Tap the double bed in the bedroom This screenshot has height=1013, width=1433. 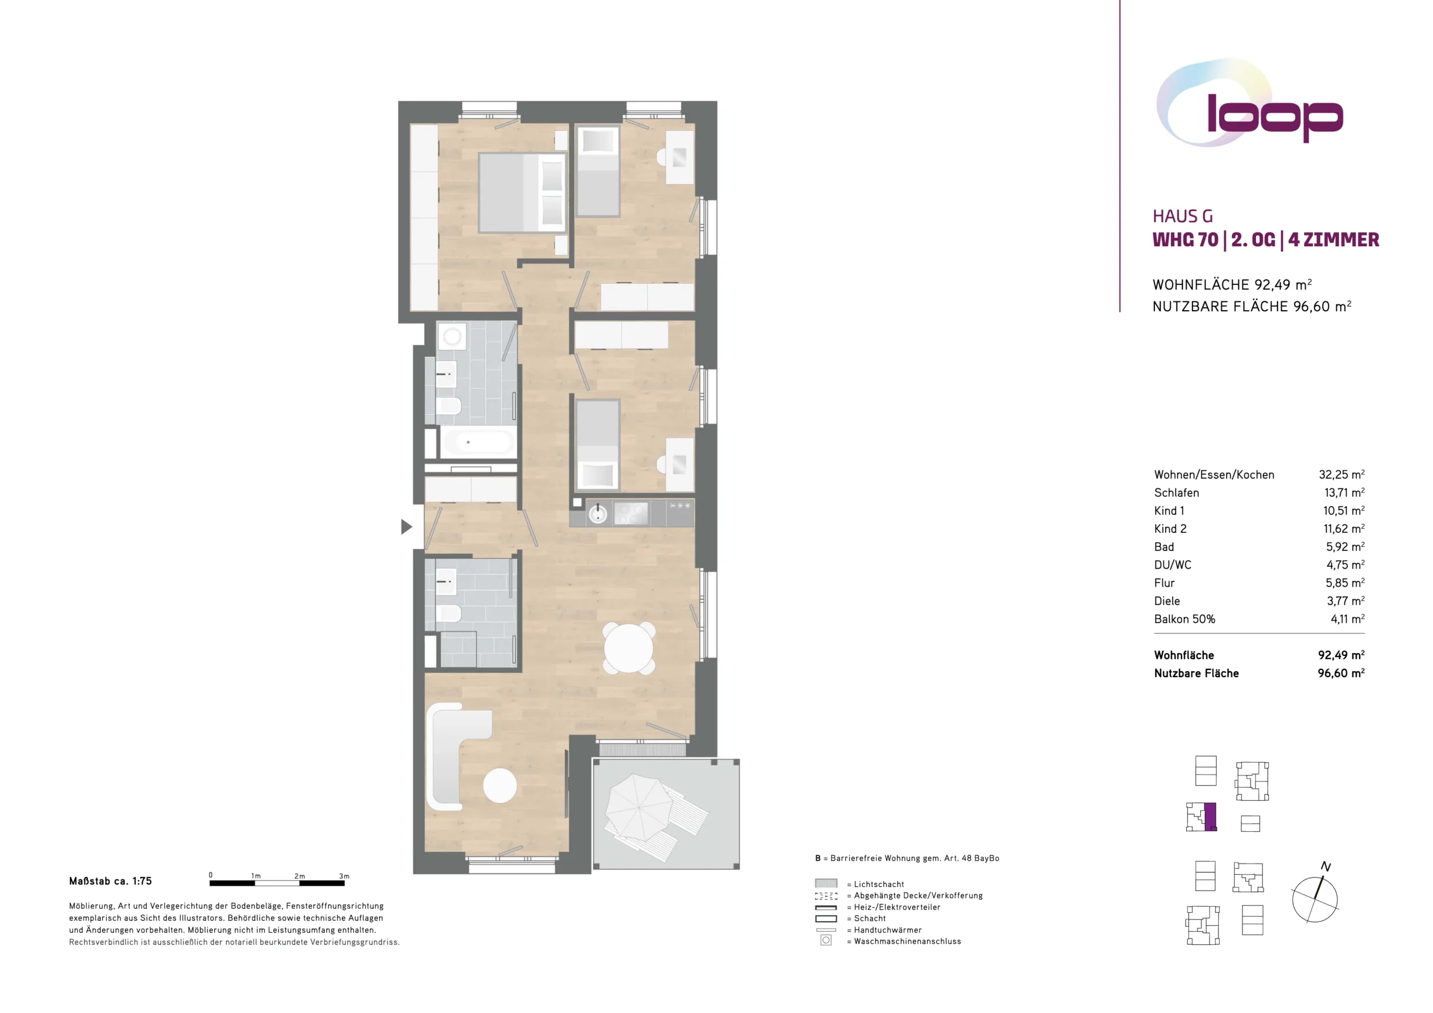click(x=522, y=193)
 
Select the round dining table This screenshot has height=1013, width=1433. click(x=629, y=648)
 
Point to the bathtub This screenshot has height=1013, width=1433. click(x=477, y=443)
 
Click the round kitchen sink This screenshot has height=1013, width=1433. click(x=598, y=514)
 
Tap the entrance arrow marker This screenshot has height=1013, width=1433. click(x=406, y=527)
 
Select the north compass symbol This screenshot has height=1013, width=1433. click(x=1315, y=894)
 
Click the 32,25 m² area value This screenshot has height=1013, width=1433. click(x=1341, y=475)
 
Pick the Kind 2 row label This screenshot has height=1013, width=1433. click(x=1170, y=529)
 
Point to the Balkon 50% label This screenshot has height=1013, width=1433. click(x=1184, y=619)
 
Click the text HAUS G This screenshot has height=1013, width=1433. click(x=1183, y=217)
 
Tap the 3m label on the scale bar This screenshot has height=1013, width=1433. click(x=344, y=876)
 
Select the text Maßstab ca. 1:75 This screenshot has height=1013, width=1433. click(x=110, y=881)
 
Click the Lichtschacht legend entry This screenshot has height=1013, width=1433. click(x=875, y=884)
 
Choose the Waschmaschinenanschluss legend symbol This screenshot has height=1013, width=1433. click(x=826, y=940)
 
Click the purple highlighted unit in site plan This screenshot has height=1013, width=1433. click(x=1210, y=817)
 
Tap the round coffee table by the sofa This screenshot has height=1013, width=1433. click(x=500, y=785)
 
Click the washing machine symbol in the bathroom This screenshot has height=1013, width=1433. click(x=452, y=337)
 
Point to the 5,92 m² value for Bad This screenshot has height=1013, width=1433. click(x=1345, y=547)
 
